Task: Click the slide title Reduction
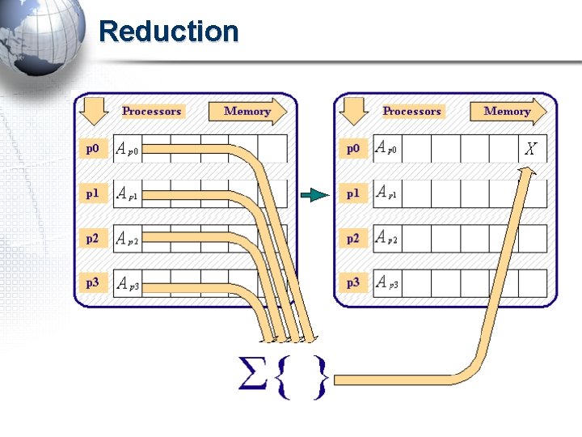coord(168,32)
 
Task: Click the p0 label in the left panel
coord(94,149)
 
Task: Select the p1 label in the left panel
coord(94,193)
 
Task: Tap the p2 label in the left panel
coord(94,238)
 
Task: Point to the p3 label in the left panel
coord(94,282)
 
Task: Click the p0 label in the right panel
coord(353,149)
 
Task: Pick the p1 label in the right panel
coord(353,193)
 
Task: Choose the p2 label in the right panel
coord(353,238)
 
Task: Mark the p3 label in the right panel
coord(353,282)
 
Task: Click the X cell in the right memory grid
coord(531,149)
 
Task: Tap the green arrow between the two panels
coord(314,194)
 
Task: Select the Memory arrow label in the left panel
coord(247,112)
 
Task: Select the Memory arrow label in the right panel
coord(507,112)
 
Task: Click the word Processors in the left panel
coord(152,111)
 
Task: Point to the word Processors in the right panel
coord(412,111)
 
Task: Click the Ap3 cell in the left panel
coord(128,283)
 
